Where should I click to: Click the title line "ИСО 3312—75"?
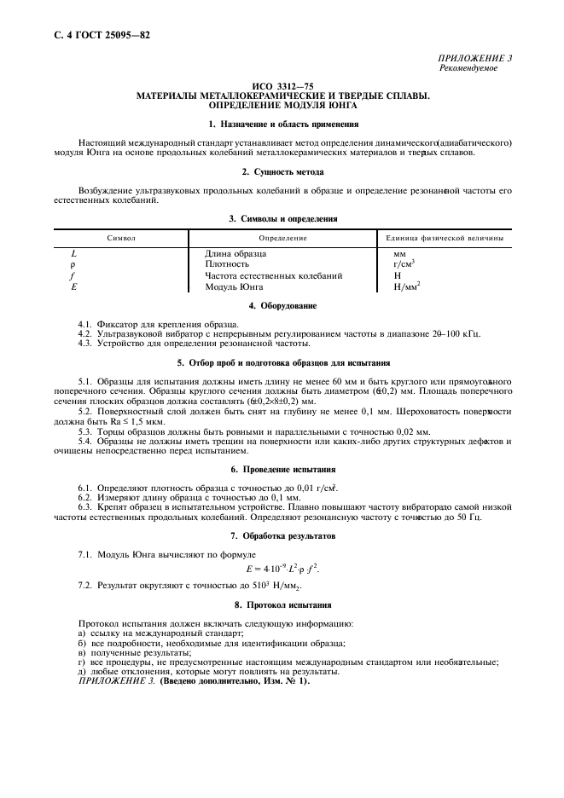coord(282,87)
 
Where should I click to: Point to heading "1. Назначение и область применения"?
coord(282,124)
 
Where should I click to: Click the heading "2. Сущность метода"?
coord(282,171)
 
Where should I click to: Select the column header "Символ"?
coord(121,238)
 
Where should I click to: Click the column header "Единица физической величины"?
coord(445,238)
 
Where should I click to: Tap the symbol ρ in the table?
coord(73,264)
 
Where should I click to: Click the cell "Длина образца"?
coord(235,253)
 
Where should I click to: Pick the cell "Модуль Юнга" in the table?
coord(232,286)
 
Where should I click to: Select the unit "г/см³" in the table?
coord(404,264)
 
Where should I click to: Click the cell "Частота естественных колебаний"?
coord(273,275)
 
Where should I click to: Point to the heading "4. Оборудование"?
coord(282,305)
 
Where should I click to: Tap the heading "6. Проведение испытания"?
coord(282,470)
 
